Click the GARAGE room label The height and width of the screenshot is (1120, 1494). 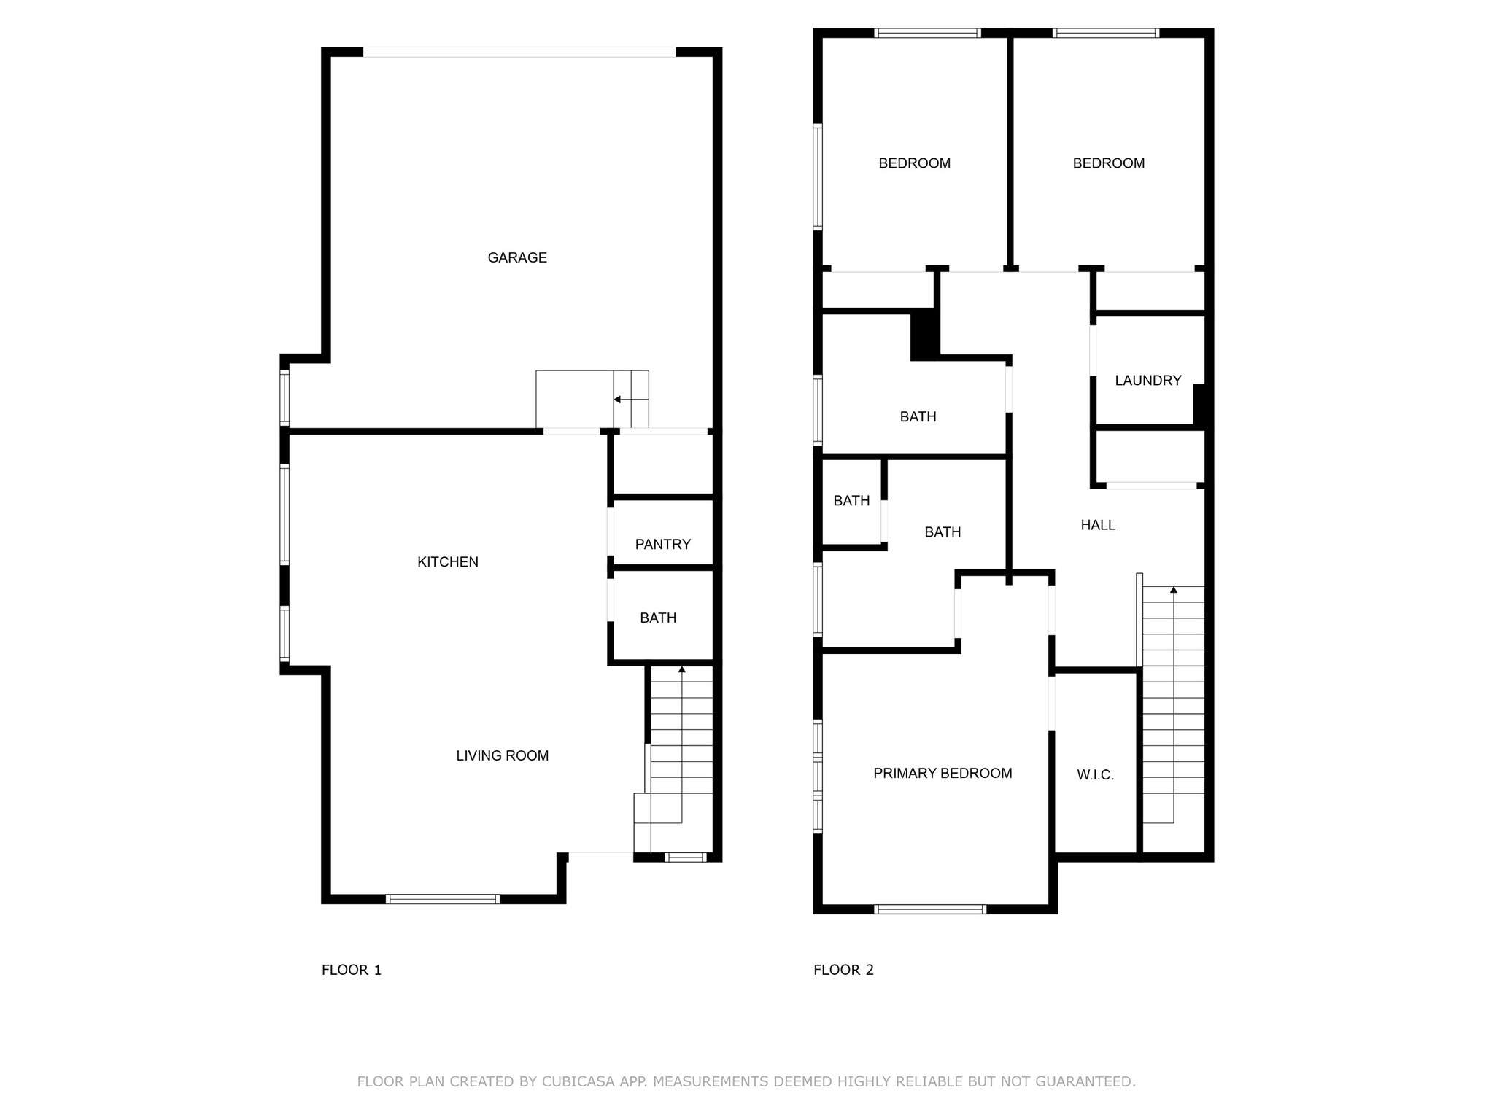click(x=517, y=257)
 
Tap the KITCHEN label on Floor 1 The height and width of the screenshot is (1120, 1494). click(x=448, y=561)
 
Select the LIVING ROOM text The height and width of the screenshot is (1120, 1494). click(x=503, y=755)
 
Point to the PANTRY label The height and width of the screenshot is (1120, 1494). click(x=662, y=544)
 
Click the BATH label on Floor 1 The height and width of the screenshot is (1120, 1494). click(x=658, y=618)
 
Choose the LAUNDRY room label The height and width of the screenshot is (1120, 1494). click(x=1148, y=380)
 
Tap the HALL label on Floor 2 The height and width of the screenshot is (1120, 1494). click(x=1098, y=525)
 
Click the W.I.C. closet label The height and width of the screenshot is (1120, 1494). click(x=1096, y=775)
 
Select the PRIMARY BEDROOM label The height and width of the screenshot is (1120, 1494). click(x=943, y=773)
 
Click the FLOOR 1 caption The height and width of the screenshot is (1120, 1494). click(x=352, y=970)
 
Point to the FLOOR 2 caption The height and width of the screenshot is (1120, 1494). click(x=843, y=970)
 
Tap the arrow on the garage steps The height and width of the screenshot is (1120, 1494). click(x=617, y=400)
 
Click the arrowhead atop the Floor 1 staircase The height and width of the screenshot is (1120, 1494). click(x=682, y=669)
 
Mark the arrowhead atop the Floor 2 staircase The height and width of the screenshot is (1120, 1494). click(x=1174, y=589)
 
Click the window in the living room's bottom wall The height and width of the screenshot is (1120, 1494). click(x=442, y=899)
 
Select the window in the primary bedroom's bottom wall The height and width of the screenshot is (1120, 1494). click(x=930, y=909)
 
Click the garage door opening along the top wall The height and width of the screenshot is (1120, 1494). click(x=519, y=52)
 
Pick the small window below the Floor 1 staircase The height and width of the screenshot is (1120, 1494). click(x=686, y=857)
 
